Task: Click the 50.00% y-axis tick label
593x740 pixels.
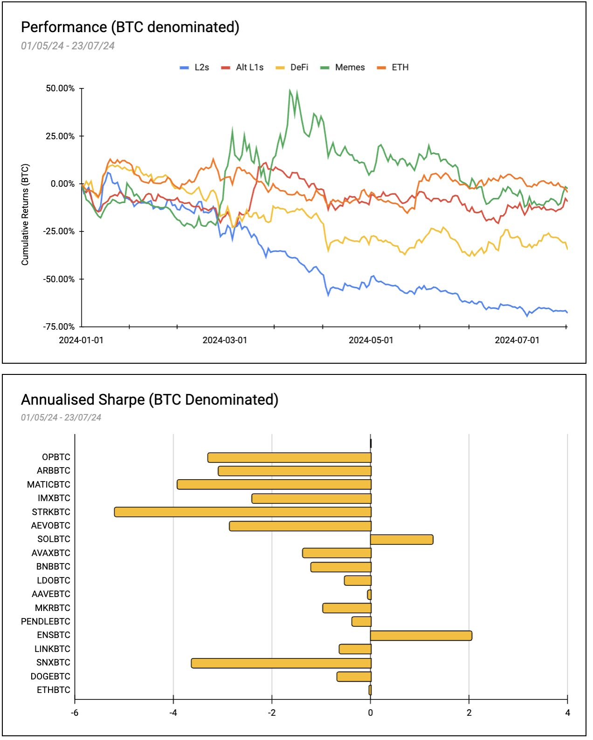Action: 60,88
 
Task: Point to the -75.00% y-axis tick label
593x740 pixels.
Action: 59,326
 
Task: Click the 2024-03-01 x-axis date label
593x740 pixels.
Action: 225,340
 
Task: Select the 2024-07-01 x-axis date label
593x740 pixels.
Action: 517,340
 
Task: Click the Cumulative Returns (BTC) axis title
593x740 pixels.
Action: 25,215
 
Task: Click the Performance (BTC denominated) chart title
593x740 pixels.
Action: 130,27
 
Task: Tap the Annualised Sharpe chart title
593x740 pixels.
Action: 150,400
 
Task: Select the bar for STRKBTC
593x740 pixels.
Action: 242,512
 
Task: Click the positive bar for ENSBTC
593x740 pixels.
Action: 421,636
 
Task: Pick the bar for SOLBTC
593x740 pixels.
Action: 401,540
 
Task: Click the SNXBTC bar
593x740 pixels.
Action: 281,663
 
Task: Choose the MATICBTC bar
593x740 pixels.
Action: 274,485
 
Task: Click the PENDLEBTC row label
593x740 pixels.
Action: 46,622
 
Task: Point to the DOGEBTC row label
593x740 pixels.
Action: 50,677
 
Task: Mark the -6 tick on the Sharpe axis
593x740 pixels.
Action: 75,713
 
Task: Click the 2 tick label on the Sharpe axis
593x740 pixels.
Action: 469,713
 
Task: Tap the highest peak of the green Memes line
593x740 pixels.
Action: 290,90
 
